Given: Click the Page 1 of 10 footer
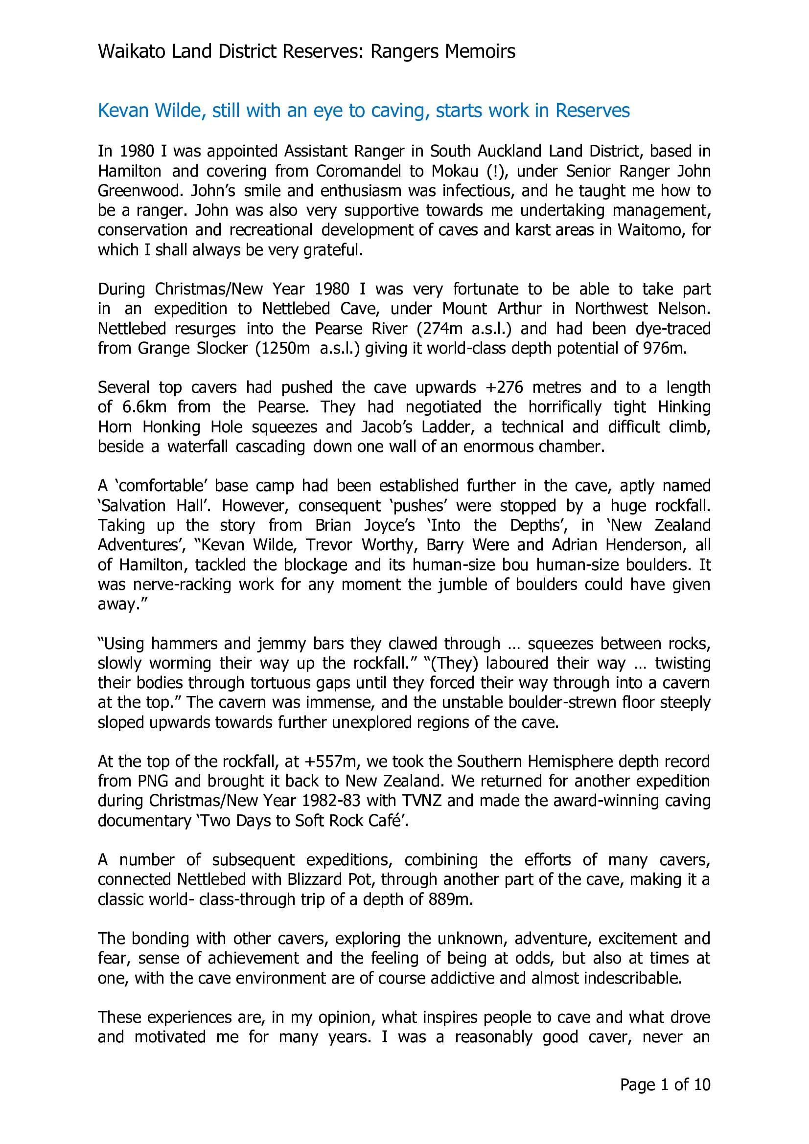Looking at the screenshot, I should pos(665,1085).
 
